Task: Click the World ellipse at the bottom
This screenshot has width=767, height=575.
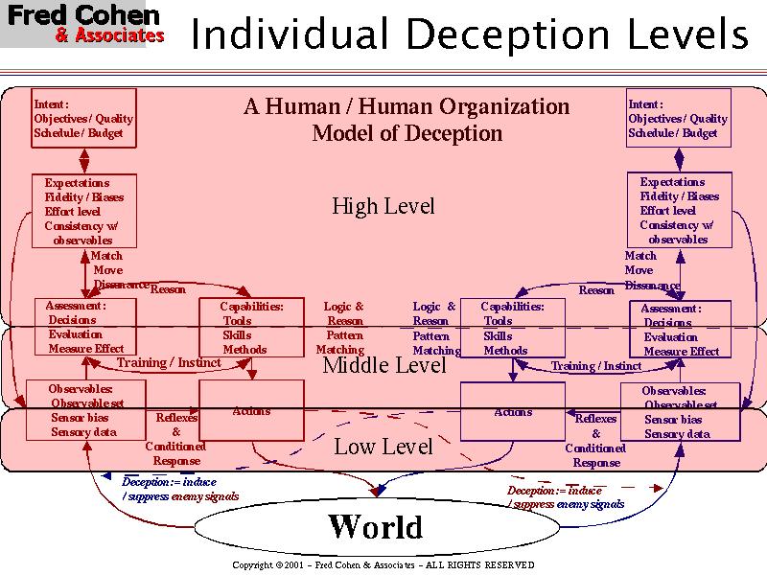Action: (x=375, y=527)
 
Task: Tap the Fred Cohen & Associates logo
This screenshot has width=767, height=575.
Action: (x=83, y=25)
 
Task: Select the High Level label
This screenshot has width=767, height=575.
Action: (x=383, y=206)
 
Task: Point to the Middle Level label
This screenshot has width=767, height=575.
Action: (x=383, y=365)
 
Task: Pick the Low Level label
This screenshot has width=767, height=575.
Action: (x=383, y=447)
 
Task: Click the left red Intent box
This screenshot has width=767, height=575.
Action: (x=84, y=118)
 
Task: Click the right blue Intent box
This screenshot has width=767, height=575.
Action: (x=679, y=118)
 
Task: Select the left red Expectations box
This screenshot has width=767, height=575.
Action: (x=83, y=211)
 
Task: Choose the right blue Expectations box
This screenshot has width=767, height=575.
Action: (x=679, y=210)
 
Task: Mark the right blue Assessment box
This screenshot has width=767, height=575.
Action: (x=680, y=331)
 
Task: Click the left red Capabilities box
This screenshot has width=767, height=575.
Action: (x=249, y=328)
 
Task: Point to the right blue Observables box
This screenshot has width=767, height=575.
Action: (x=680, y=412)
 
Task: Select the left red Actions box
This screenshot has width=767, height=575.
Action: (x=251, y=410)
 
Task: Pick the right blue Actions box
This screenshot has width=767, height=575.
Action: (x=513, y=411)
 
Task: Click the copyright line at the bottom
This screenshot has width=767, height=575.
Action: (x=383, y=565)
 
